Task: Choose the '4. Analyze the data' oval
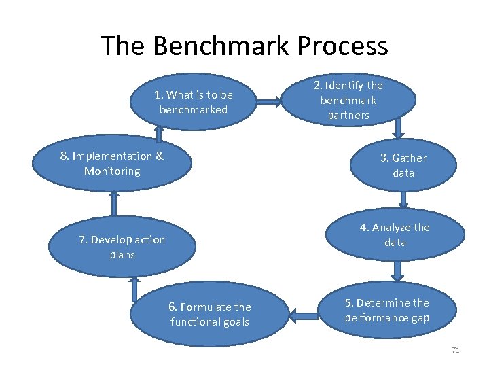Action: pyautogui.click(x=395, y=234)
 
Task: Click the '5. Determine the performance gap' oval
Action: pyautogui.click(x=386, y=311)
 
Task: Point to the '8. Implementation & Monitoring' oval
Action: pyautogui.click(x=112, y=164)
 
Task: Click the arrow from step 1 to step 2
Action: pyautogui.click(x=272, y=102)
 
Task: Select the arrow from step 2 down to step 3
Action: pyautogui.click(x=399, y=127)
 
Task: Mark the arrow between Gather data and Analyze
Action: pyautogui.click(x=403, y=199)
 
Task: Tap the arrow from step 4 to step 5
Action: pyautogui.click(x=398, y=271)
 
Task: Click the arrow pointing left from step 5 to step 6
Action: pyautogui.click(x=306, y=313)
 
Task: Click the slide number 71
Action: pyautogui.click(x=455, y=350)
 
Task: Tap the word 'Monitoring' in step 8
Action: pyautogui.click(x=112, y=171)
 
